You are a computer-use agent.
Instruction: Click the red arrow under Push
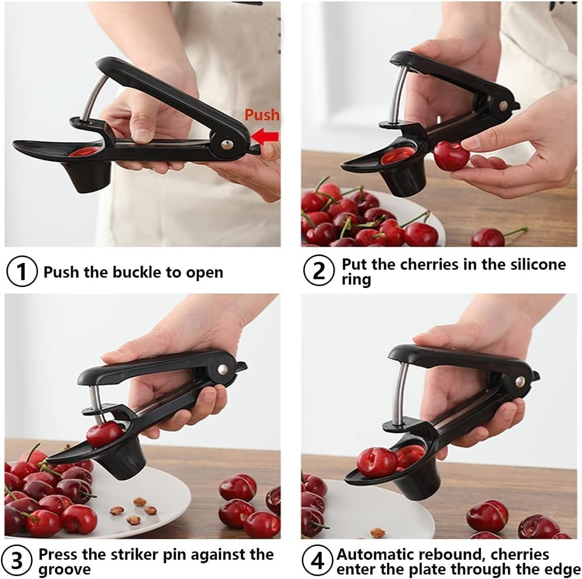(x=267, y=137)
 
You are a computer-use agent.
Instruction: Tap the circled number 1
(x=22, y=272)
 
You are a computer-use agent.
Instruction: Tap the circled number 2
(x=319, y=272)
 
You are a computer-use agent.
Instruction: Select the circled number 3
(x=21, y=562)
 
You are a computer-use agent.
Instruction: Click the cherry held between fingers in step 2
(x=451, y=156)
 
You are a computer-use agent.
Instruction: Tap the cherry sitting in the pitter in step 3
(x=104, y=434)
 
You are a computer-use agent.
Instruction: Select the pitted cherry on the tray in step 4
(x=376, y=462)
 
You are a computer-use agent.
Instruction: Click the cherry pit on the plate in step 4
(x=378, y=532)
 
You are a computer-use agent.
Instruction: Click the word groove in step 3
(x=64, y=570)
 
